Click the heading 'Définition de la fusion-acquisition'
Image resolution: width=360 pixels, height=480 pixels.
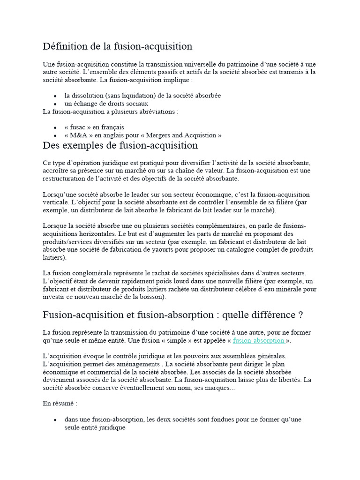coord(118,46)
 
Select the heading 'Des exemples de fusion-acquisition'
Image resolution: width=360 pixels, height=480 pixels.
coord(120,145)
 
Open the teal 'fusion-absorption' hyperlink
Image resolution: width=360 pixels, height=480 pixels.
coord(258,340)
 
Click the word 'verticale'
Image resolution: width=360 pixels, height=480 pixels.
coord(56,202)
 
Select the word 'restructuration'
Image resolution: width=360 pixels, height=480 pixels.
coord(65,179)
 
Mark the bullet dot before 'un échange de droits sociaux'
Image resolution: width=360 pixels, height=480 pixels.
coord(55,104)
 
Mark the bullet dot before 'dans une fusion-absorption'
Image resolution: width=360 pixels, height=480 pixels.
coord(55,420)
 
